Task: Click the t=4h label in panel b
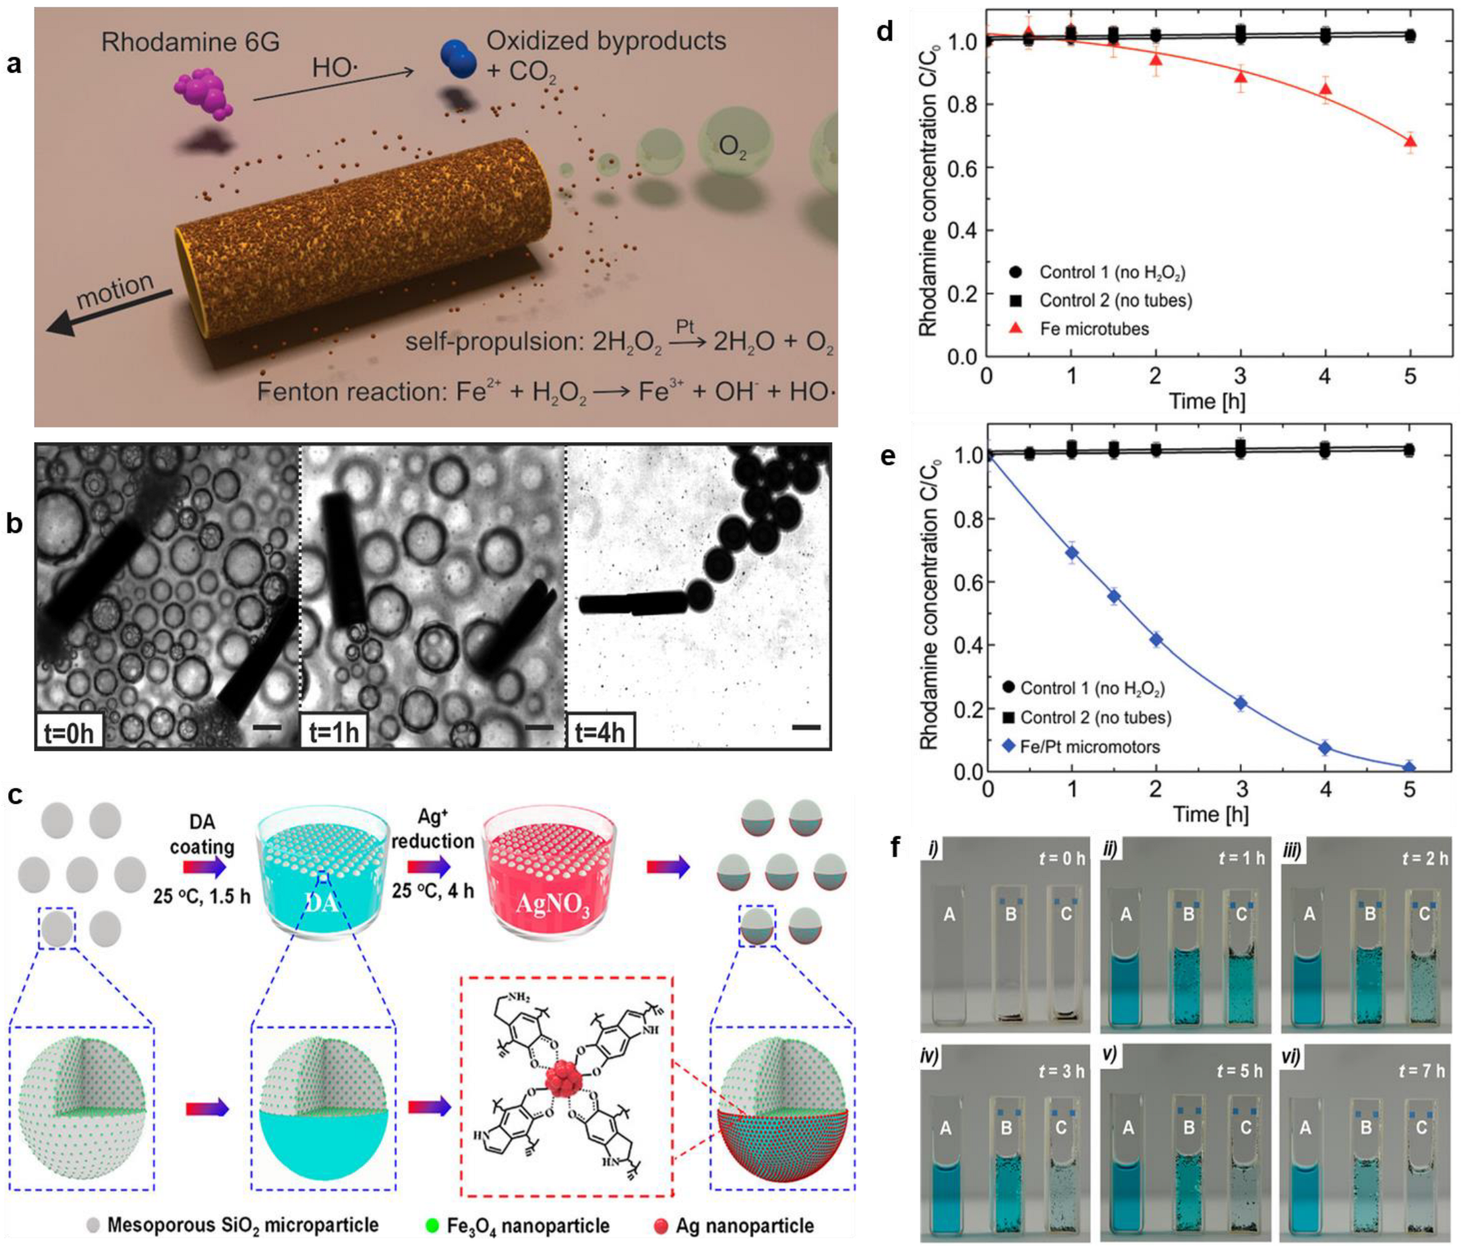point(599,733)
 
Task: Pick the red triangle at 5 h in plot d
point(1410,143)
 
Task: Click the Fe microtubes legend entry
point(1094,329)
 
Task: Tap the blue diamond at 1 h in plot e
point(1072,553)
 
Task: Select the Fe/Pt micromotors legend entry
point(1089,746)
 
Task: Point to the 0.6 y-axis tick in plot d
point(959,168)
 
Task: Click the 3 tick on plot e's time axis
point(1240,790)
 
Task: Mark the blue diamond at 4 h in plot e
point(1325,748)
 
